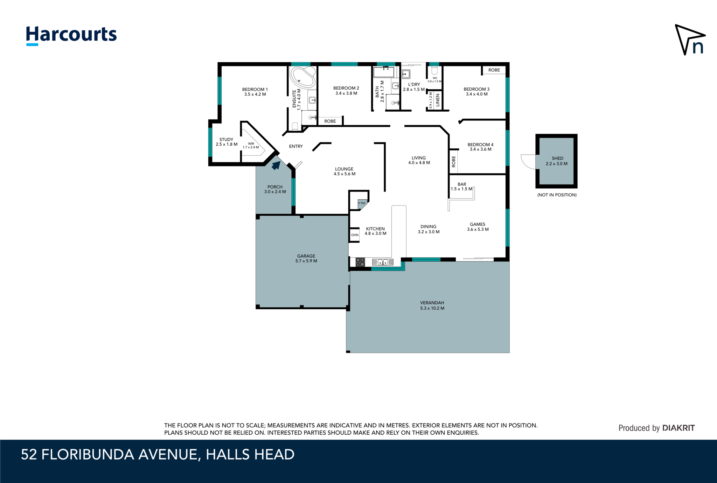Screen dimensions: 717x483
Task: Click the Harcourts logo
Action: pyautogui.click(x=71, y=36)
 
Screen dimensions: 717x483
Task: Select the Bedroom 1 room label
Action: pyautogui.click(x=255, y=92)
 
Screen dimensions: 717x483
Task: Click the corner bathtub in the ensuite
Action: pyautogui.click(x=303, y=77)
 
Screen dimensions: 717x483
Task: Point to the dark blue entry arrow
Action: pyautogui.click(x=276, y=165)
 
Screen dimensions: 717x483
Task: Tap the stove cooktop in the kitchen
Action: pyautogui.click(x=360, y=262)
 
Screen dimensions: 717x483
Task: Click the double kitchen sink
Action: pyautogui.click(x=383, y=262)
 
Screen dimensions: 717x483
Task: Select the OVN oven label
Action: pyautogui.click(x=355, y=235)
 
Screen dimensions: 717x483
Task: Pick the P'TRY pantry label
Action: pyautogui.click(x=362, y=203)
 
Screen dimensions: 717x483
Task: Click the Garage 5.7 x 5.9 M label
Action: pyautogui.click(x=306, y=258)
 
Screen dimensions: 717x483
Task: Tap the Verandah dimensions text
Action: pyautogui.click(x=432, y=308)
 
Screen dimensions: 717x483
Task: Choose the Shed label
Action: pyautogui.click(x=557, y=161)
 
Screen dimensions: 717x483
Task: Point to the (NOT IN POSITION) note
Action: pyautogui.click(x=557, y=195)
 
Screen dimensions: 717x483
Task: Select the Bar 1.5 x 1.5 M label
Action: pyautogui.click(x=462, y=187)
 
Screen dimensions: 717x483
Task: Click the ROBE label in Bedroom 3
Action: pyautogui.click(x=494, y=70)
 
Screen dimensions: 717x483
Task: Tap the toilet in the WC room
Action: pyautogui.click(x=434, y=70)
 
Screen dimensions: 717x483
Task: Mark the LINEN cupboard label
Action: pyautogui.click(x=437, y=100)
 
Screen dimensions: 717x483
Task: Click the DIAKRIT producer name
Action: pyautogui.click(x=678, y=428)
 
